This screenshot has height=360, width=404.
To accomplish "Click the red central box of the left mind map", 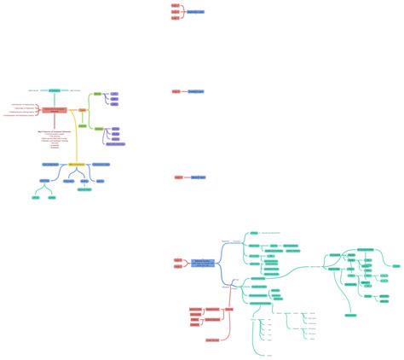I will (x=54, y=110).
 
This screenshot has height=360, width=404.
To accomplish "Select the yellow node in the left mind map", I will (x=76, y=164).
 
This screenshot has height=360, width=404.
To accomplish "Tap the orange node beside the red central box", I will (x=83, y=110).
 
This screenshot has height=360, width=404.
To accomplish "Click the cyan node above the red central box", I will (x=55, y=90).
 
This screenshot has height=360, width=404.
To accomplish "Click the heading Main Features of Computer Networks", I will (x=55, y=131).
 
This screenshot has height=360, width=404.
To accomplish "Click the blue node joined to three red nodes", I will (x=195, y=12).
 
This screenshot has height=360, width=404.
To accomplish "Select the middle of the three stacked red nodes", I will (x=176, y=12).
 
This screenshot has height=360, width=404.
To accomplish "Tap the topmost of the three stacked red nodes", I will (x=176, y=6).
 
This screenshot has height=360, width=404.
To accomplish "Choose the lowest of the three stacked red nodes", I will (x=176, y=18).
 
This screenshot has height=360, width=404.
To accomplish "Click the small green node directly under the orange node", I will (x=83, y=125).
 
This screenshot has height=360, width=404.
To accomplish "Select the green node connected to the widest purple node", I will (x=98, y=128).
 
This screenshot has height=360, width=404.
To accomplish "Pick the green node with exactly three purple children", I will (x=97, y=93).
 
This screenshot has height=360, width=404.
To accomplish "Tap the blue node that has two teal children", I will (x=44, y=181).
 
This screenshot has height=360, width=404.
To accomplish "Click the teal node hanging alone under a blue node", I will (x=84, y=189).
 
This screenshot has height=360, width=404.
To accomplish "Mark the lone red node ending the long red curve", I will (x=212, y=340).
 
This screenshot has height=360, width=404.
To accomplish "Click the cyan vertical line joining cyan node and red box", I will (x=55, y=99).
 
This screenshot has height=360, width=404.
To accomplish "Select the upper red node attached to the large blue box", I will (x=178, y=259).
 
